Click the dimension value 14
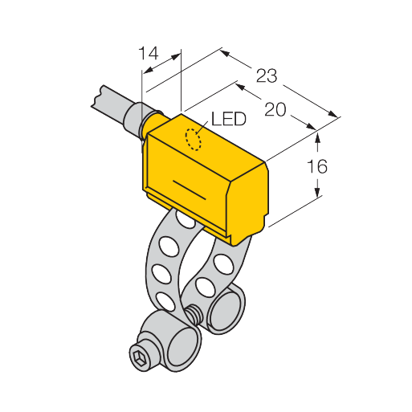point(149,53)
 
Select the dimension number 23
point(267,75)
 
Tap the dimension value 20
point(275,109)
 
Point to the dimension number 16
point(317,166)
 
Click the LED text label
point(229,119)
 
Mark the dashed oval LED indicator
point(194,140)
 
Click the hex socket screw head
point(140,357)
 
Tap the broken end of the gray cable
point(97,97)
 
